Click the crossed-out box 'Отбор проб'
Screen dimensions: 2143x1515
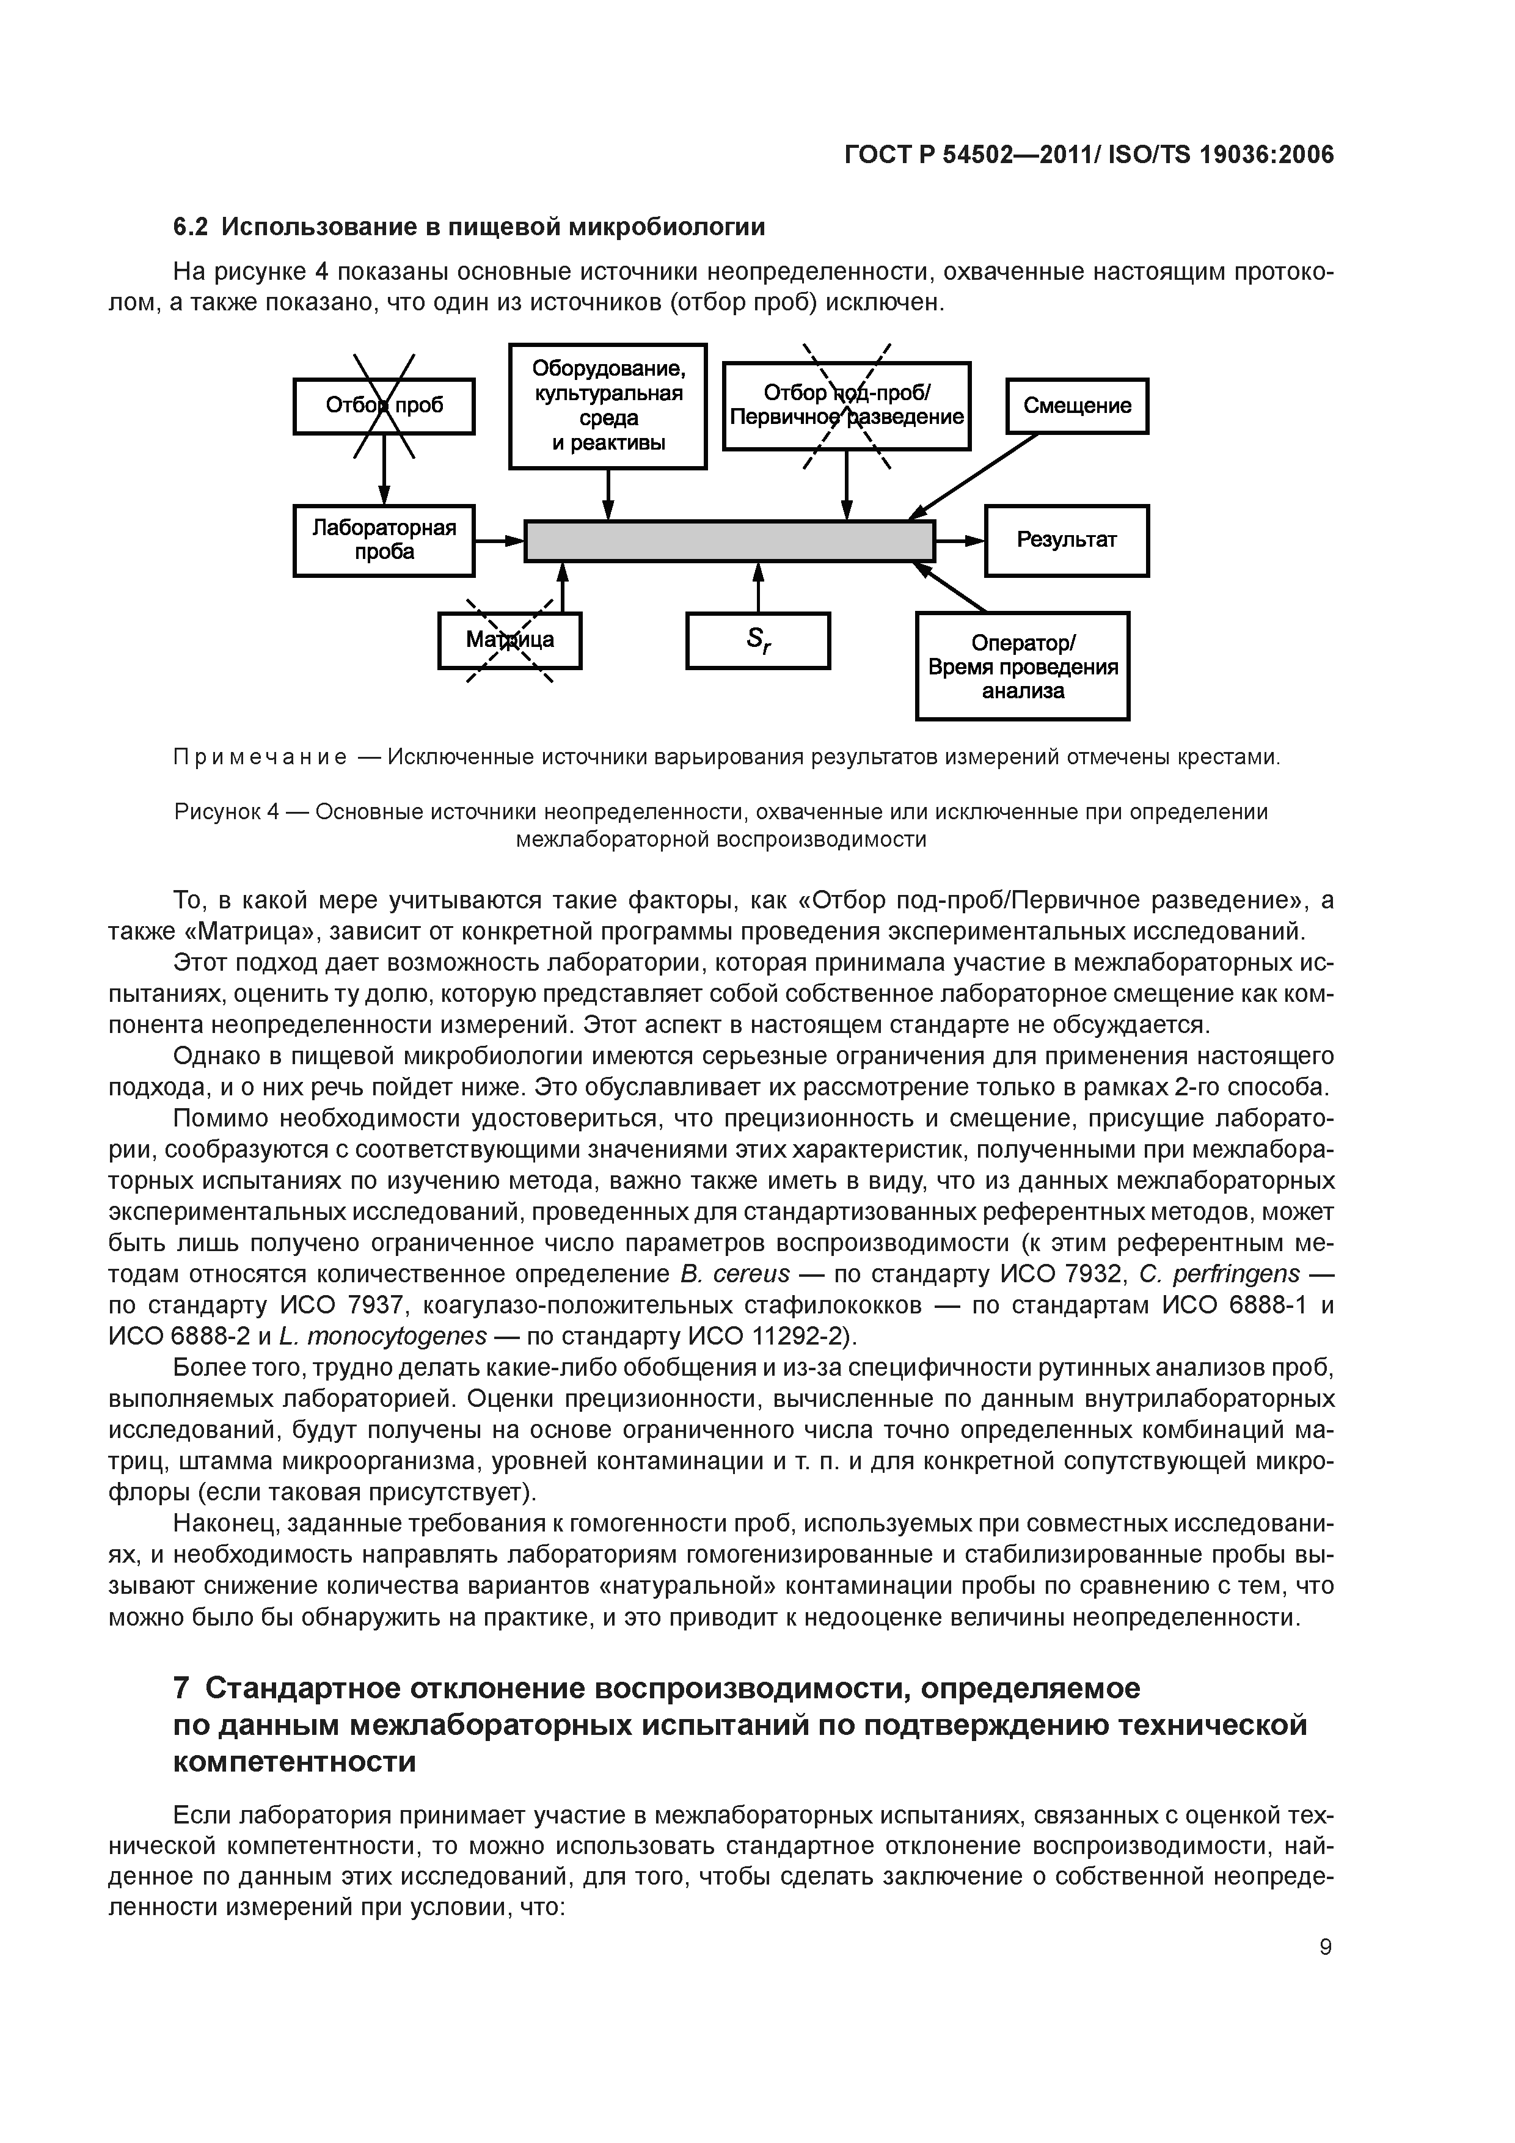[384, 406]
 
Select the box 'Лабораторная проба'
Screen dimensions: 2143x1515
[384, 541]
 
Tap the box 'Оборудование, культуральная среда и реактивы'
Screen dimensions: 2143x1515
[608, 406]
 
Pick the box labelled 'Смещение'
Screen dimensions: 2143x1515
[1076, 406]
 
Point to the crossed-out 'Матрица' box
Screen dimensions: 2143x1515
[509, 640]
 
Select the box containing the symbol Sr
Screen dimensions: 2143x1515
[758, 640]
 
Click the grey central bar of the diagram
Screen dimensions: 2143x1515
[729, 541]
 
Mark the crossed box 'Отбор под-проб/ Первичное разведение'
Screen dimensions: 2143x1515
[847, 406]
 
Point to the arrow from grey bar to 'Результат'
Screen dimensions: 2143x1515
[960, 541]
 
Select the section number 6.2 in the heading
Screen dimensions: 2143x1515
[191, 227]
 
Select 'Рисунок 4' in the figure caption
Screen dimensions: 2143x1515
[227, 812]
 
